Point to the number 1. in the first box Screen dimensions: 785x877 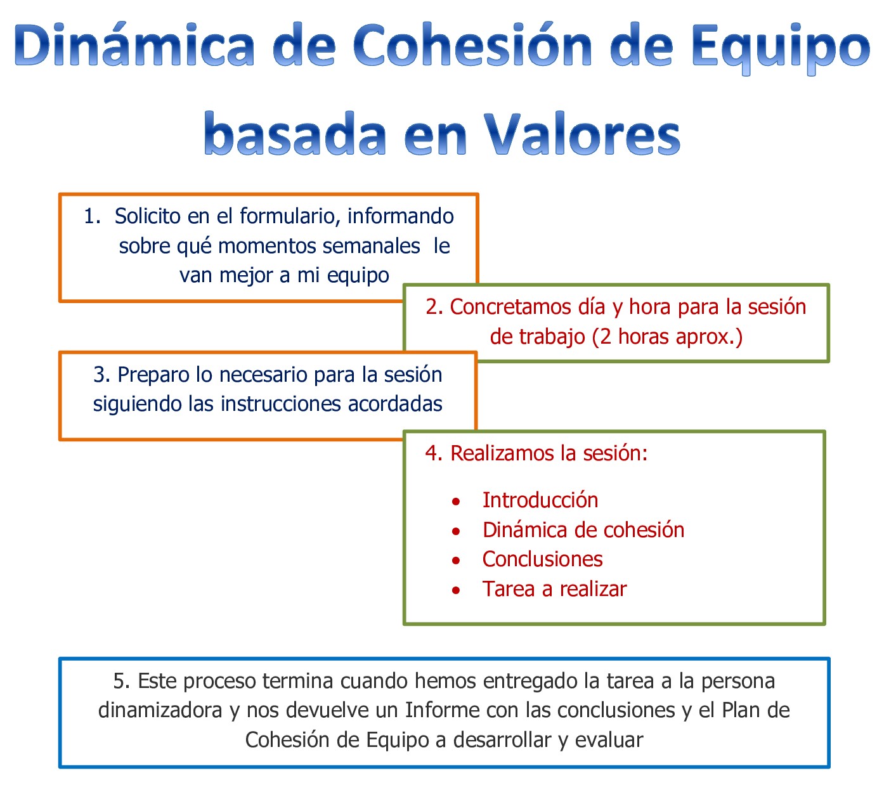pos(92,216)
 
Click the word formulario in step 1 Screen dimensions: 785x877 pos(285,216)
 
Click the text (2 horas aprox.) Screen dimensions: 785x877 pos(667,336)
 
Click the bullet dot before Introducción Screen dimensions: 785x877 pos(456,502)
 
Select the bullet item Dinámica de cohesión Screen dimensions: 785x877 pos(583,530)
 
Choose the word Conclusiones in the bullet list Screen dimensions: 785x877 pos(542,559)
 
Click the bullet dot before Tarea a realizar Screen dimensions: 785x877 pos(456,590)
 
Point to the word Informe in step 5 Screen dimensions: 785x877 pos(441,710)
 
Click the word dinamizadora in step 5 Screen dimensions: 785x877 pos(160,710)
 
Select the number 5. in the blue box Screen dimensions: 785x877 pos(122,681)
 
